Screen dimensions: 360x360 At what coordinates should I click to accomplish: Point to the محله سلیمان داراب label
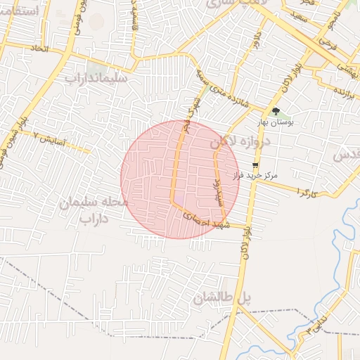[x=96, y=210]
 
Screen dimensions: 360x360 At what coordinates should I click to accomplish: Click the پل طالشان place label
[x=222, y=298]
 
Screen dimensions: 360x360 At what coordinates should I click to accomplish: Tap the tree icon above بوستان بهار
[x=276, y=111]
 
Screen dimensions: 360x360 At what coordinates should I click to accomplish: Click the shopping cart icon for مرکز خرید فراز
[x=255, y=165]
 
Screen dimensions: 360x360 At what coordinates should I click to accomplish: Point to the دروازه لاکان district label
[x=239, y=141]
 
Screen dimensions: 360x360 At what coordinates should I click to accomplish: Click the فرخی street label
[x=326, y=41]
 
